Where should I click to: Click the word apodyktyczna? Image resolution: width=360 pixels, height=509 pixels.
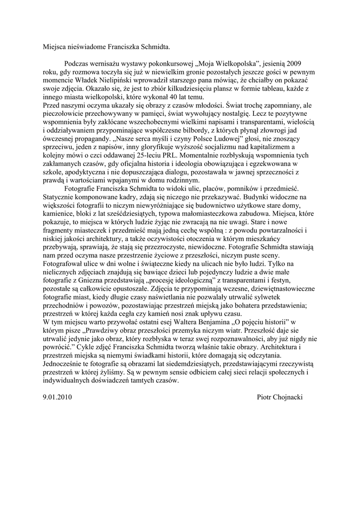click(x=85, y=179)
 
